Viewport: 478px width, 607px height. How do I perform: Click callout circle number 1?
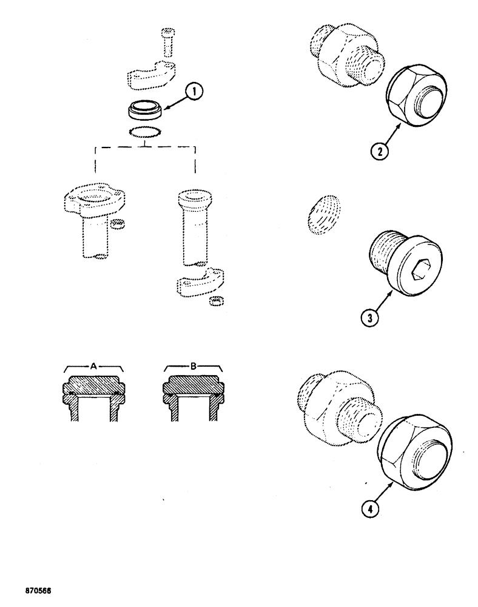tap(194, 93)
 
